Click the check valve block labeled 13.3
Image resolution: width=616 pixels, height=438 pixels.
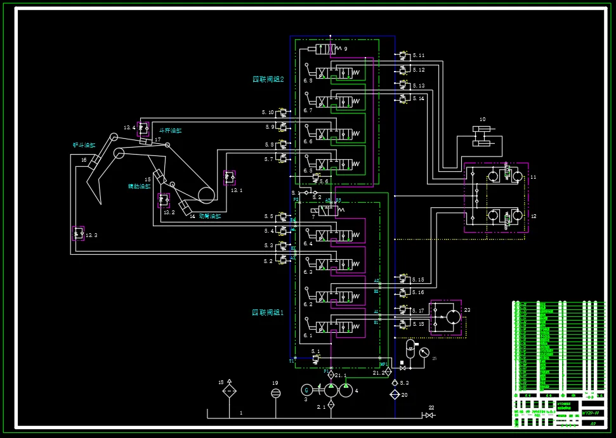78,233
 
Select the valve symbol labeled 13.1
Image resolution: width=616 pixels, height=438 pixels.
229,177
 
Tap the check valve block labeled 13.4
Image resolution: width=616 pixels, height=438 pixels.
143,128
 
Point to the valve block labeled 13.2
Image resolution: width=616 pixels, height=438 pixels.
164,200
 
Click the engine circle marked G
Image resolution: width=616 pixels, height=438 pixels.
306,390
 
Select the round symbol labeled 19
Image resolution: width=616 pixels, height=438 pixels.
275,393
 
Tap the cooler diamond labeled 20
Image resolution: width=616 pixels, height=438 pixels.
395,394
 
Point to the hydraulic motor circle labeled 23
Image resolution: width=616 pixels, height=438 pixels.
452,316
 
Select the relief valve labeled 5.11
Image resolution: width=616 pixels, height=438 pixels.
403,55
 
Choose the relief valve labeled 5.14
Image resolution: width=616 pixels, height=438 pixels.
403,98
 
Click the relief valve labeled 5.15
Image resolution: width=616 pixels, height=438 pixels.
403,279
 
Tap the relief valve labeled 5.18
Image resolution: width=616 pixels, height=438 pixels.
403,323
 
